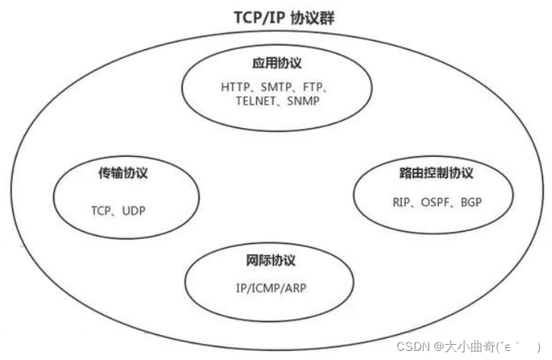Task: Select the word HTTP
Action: tap(237, 87)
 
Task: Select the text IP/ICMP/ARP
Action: tap(271, 289)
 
